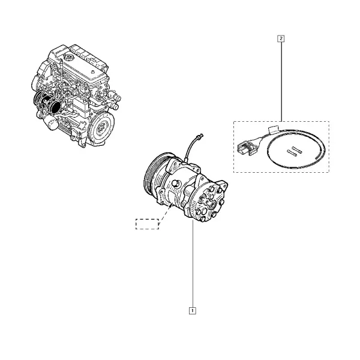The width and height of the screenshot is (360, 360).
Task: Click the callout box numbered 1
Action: click(193, 311)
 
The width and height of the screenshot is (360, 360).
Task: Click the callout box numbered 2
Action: click(281, 38)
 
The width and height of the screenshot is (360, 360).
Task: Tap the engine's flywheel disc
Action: click(101, 127)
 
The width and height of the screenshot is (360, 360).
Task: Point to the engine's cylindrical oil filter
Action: click(52, 122)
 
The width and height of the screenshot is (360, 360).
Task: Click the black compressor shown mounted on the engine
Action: click(47, 103)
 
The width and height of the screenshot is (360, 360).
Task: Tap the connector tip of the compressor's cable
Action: click(202, 135)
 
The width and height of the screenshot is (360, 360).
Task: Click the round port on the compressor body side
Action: click(176, 184)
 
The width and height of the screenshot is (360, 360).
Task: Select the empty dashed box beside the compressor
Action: click(147, 224)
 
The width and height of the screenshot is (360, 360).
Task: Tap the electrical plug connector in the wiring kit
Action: click(246, 147)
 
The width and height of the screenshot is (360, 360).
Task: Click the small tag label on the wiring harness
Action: click(273, 129)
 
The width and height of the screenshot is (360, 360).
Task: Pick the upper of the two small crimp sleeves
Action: click(297, 150)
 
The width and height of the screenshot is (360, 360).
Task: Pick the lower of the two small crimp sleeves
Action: click(292, 153)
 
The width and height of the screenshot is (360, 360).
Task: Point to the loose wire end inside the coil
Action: click(320, 157)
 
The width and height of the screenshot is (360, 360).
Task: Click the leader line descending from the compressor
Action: click(193, 263)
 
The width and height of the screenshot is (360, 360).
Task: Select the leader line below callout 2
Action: click(281, 82)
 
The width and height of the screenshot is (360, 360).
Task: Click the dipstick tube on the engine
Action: click(62, 69)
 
